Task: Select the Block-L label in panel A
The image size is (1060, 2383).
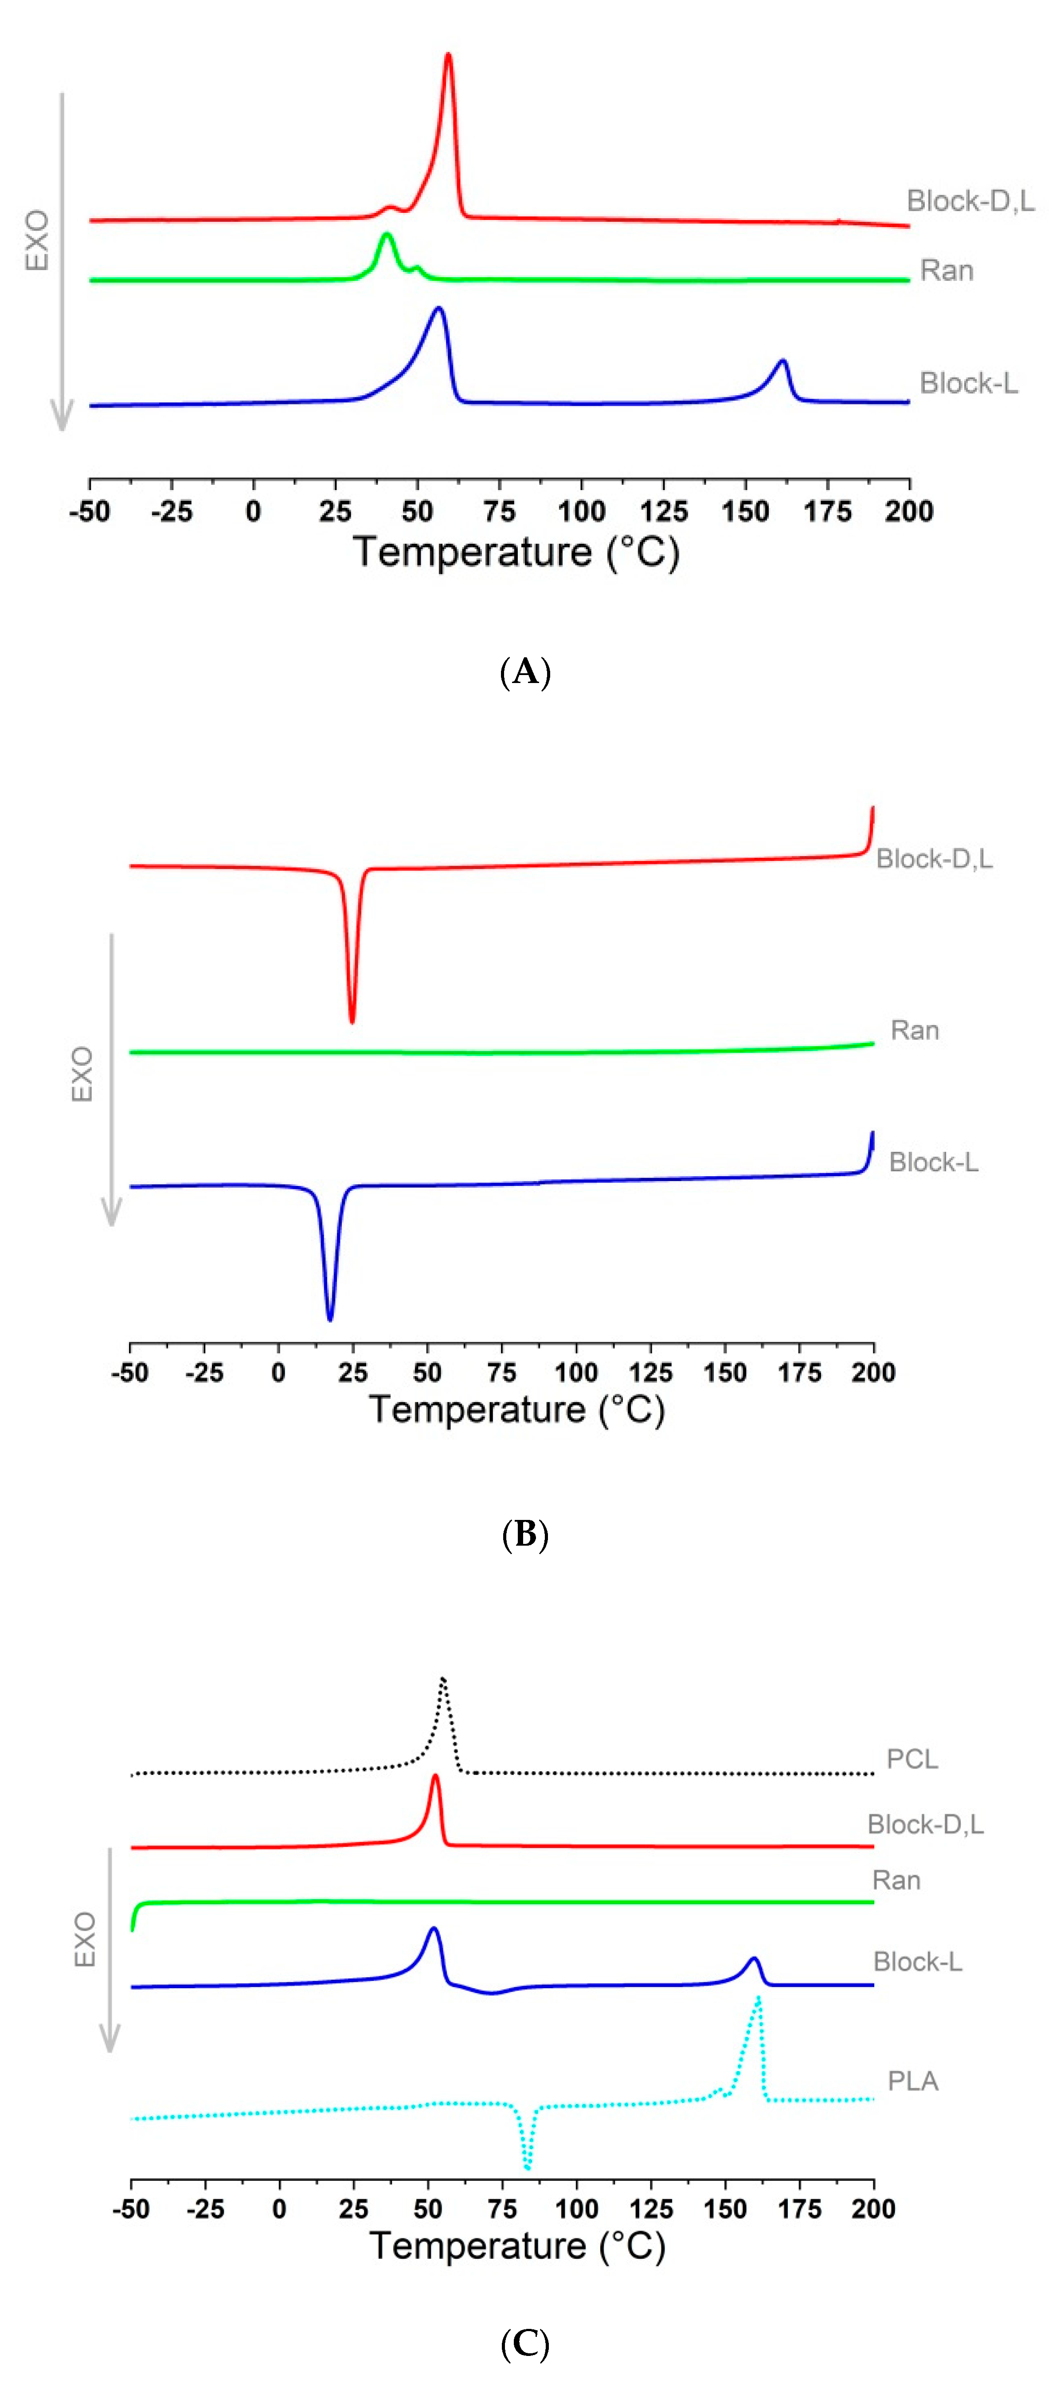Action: (968, 383)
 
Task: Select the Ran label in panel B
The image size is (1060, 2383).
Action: (914, 1031)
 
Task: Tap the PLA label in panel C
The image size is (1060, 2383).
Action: (912, 2081)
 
